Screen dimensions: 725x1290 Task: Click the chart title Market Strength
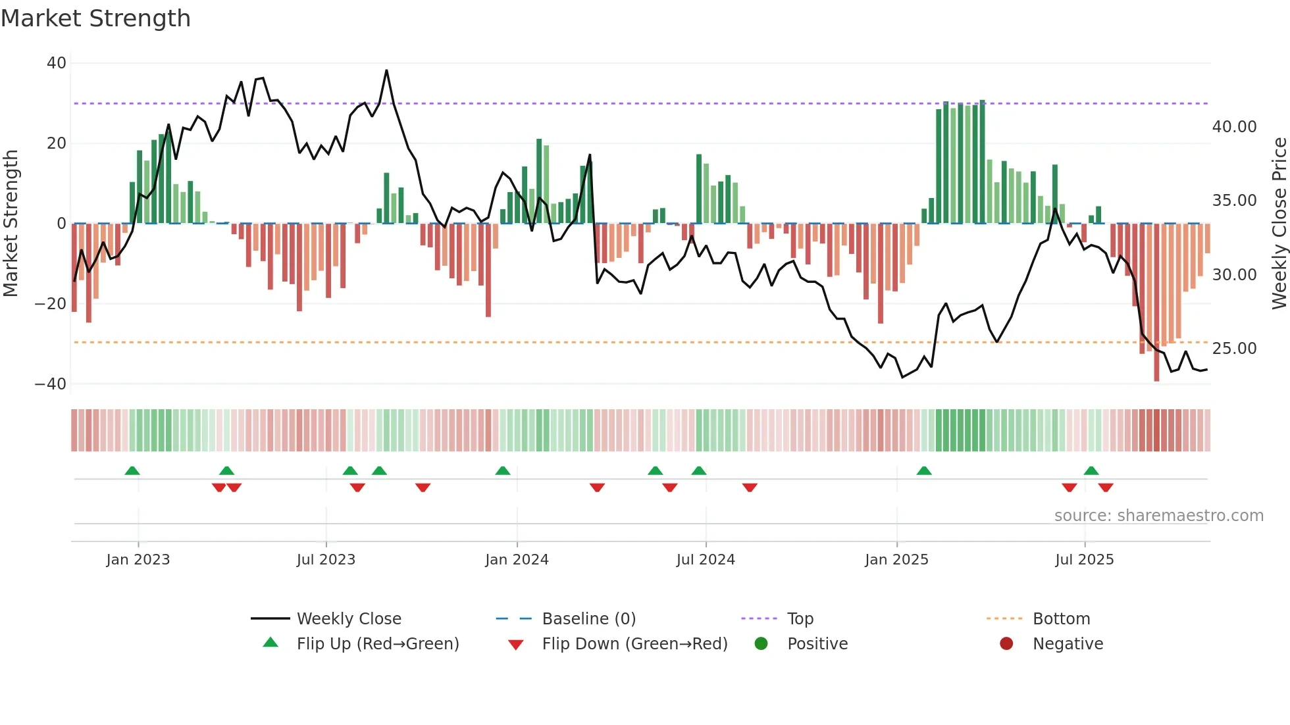pos(95,18)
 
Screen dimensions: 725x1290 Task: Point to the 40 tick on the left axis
pos(57,63)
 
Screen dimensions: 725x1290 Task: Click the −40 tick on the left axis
pos(51,384)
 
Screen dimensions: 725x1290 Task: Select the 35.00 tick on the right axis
pos(1234,201)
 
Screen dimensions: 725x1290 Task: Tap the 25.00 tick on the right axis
pos(1234,349)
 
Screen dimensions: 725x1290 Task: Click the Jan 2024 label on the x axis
pos(517,560)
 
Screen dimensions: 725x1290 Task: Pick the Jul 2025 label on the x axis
pos(1084,560)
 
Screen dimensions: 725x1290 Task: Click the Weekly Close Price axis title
pos(1279,224)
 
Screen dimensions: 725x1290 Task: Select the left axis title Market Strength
pos(11,224)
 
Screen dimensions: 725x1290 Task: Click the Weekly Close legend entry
pos(348,619)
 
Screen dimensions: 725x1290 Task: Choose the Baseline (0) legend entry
pos(588,619)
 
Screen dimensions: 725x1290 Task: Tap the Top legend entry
pos(800,619)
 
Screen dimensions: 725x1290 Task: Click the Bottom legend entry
pos(1061,619)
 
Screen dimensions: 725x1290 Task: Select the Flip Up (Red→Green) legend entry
pos(377,644)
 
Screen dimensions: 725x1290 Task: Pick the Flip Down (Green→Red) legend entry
pos(634,644)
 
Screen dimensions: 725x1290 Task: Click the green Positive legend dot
pos(761,644)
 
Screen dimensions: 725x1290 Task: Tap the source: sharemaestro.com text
pos(1158,516)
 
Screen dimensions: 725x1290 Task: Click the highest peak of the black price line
pos(386,70)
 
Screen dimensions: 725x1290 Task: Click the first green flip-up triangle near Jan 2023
pos(132,471)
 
